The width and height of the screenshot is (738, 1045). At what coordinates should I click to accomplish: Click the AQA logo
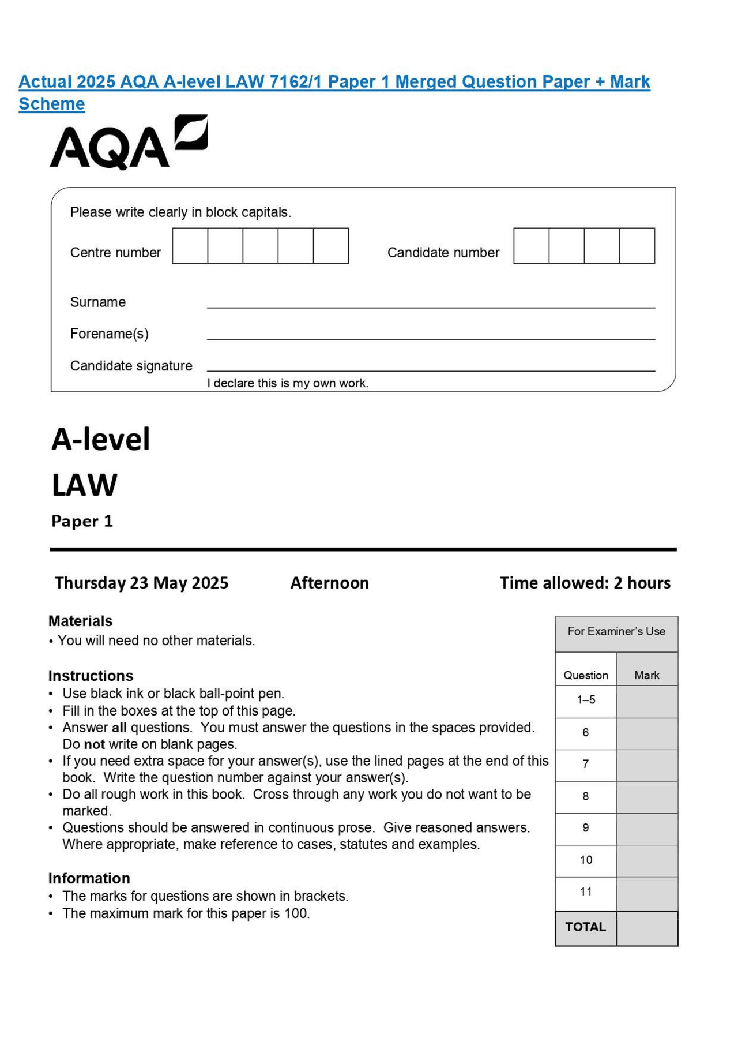click(x=128, y=143)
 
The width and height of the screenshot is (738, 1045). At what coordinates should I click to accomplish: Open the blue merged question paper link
click(x=334, y=82)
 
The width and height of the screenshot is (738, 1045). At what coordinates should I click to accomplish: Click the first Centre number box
click(x=190, y=246)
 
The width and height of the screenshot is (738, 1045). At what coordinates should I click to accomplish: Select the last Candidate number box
click(x=637, y=246)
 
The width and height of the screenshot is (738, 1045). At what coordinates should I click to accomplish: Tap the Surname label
click(x=97, y=302)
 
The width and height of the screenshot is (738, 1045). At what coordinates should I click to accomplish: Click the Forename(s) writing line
click(x=431, y=338)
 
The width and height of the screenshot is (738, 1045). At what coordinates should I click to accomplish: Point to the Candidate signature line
click(x=431, y=370)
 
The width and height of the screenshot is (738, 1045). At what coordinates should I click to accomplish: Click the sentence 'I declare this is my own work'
click(x=287, y=383)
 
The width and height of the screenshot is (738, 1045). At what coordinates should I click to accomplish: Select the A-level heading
click(x=101, y=439)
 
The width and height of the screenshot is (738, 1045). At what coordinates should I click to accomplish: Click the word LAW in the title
click(x=85, y=485)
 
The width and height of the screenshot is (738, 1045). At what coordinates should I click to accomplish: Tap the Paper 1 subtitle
click(x=82, y=521)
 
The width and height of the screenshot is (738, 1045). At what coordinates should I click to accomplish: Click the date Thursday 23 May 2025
click(x=141, y=583)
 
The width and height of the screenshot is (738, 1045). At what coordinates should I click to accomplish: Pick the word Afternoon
click(x=329, y=583)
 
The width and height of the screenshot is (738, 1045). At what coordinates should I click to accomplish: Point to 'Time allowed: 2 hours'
click(x=585, y=583)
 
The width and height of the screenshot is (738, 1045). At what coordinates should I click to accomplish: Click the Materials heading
click(x=80, y=621)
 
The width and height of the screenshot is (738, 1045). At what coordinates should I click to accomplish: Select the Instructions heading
click(x=91, y=676)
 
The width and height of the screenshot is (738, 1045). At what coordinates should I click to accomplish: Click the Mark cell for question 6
click(x=647, y=733)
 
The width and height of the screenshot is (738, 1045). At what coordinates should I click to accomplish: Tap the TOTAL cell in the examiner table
click(x=585, y=927)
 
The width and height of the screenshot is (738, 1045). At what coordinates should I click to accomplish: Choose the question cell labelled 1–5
click(x=586, y=701)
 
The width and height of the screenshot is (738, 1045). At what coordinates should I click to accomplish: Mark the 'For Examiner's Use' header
click(x=616, y=631)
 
